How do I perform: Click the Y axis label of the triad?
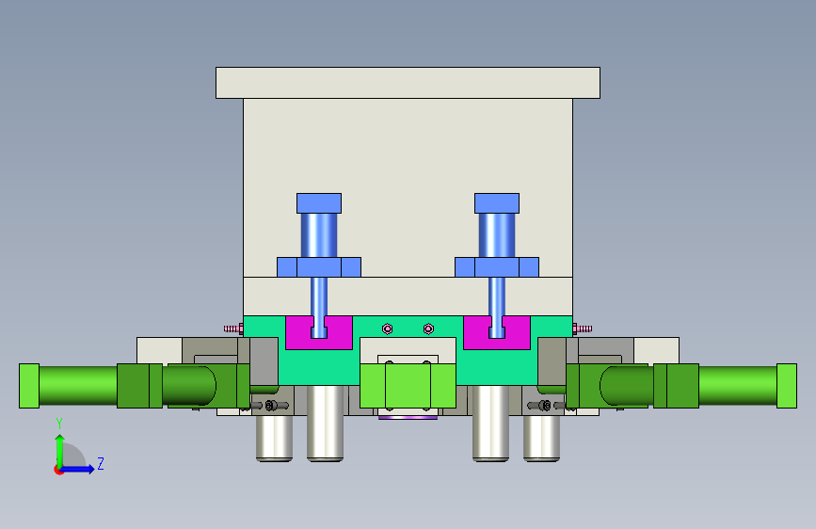click(59, 424)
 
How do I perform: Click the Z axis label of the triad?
click(101, 463)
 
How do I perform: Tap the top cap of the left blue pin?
click(319, 203)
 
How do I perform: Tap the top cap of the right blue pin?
click(496, 203)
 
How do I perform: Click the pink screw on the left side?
click(233, 329)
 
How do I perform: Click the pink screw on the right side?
click(583, 329)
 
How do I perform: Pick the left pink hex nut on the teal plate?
click(387, 329)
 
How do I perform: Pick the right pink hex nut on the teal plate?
click(428, 329)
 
